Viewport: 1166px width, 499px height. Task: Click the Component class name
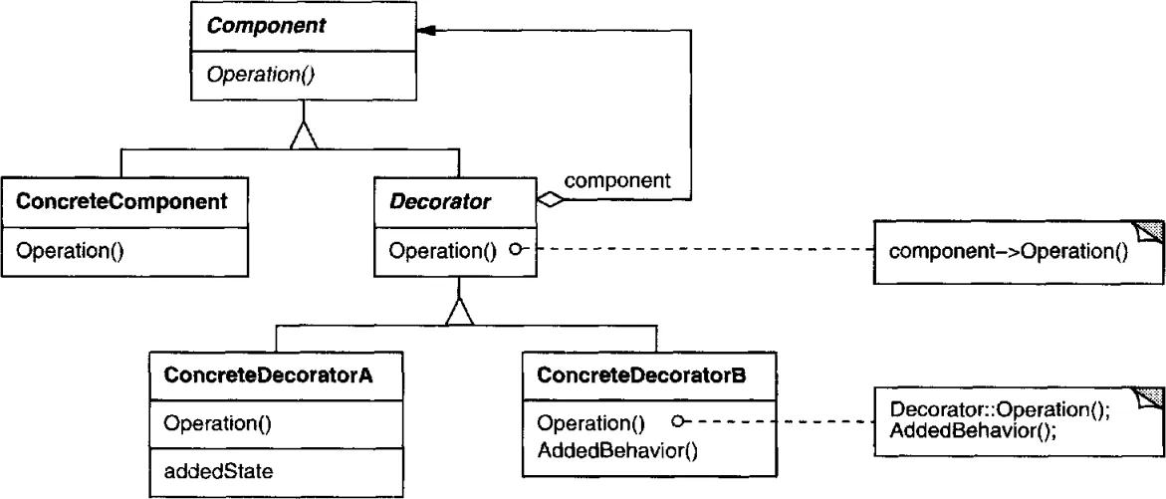(x=266, y=26)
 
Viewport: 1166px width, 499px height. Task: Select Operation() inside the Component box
(x=256, y=75)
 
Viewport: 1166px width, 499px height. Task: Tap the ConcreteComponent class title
(x=121, y=201)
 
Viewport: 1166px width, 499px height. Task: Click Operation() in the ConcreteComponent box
(x=70, y=250)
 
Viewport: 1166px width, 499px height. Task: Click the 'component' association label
(x=617, y=180)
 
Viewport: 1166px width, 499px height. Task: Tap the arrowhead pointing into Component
(x=427, y=31)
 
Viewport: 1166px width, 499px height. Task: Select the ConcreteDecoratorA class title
(x=268, y=374)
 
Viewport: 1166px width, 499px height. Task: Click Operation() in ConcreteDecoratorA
(x=217, y=423)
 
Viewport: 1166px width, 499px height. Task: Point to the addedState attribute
(x=210, y=471)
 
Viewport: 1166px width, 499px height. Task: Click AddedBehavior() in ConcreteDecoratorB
(x=617, y=450)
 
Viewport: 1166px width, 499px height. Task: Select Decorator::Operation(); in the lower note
(x=1000, y=411)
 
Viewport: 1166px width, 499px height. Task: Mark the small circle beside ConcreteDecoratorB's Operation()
(x=677, y=421)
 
